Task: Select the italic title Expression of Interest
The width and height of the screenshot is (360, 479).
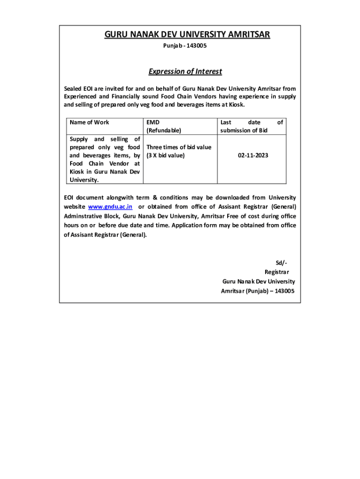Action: coord(185,72)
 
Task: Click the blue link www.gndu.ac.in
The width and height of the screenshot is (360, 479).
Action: coord(110,206)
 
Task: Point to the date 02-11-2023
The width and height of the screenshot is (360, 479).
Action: coord(253,155)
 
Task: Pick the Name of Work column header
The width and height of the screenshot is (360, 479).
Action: coord(89,123)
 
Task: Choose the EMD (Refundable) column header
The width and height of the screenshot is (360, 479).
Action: coord(164,126)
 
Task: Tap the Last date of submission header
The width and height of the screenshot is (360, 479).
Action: coord(252,126)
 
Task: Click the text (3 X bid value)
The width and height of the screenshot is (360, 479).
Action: coord(166,155)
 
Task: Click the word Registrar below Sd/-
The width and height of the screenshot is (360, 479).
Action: coord(277,272)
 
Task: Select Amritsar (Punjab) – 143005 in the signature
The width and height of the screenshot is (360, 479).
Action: coord(258,291)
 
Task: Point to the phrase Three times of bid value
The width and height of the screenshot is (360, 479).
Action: coord(179,147)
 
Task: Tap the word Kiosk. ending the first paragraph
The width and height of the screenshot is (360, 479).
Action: coord(235,105)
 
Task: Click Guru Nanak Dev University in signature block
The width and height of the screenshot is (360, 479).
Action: coord(259,282)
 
